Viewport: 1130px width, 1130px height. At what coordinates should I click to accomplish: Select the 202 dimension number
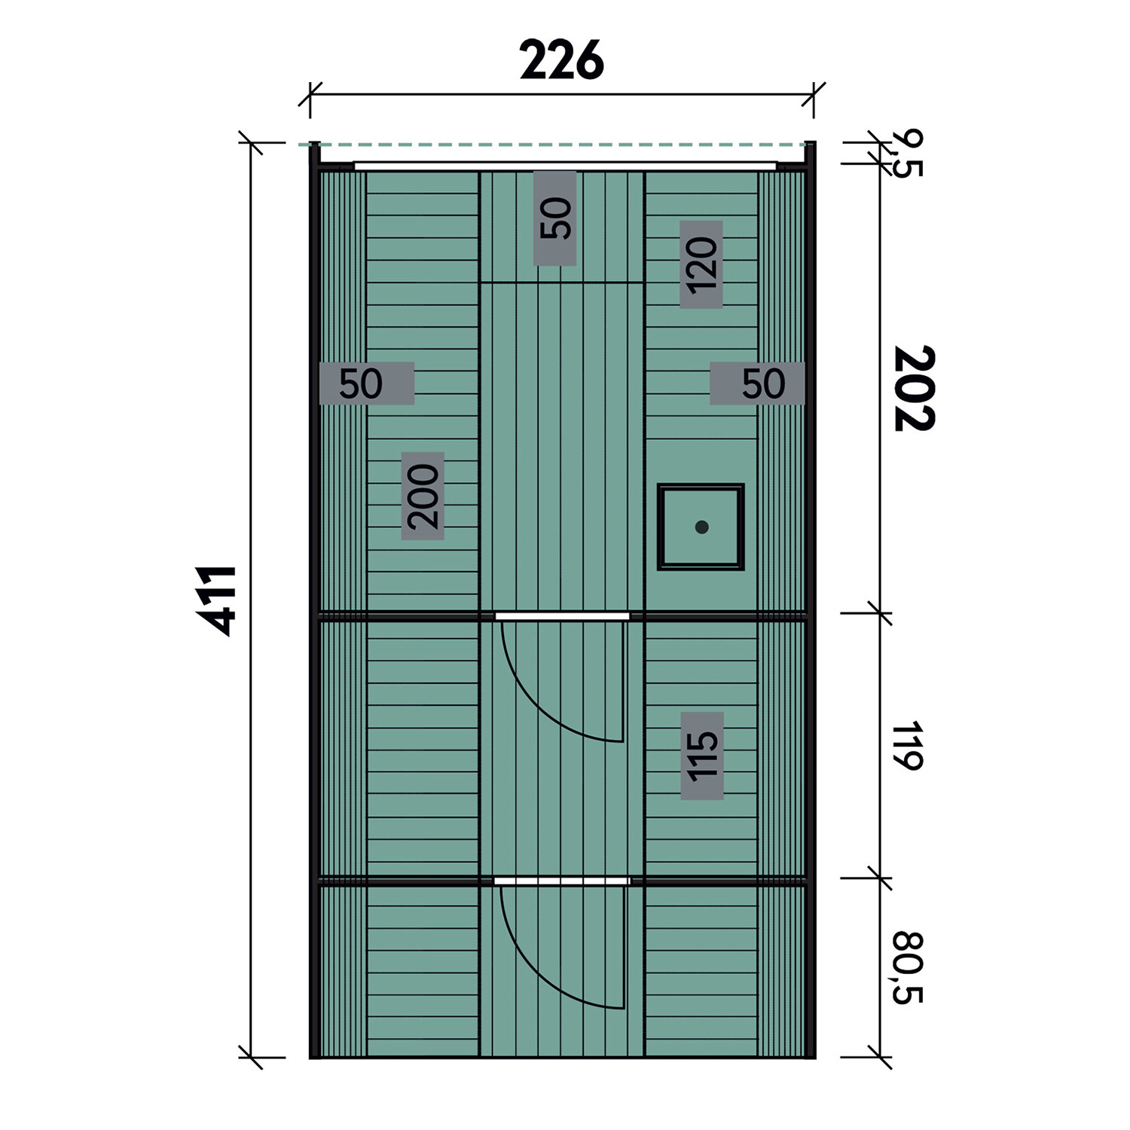tap(914, 389)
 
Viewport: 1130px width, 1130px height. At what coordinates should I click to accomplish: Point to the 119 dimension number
tap(907, 746)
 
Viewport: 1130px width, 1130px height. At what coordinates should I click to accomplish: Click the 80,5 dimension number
tap(908, 968)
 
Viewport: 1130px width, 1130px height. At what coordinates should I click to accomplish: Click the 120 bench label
tap(701, 264)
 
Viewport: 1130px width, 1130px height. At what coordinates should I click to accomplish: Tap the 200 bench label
tap(423, 496)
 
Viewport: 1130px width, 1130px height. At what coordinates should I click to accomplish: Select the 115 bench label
tap(702, 756)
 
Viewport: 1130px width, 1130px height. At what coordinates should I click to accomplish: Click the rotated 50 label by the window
tap(555, 218)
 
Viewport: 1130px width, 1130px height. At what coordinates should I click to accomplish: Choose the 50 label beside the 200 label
tap(367, 383)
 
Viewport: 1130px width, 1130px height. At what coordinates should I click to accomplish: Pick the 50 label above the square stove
tap(757, 383)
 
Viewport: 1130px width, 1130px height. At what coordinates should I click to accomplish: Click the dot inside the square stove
tap(702, 527)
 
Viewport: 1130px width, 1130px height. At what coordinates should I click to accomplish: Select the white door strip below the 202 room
tap(562, 615)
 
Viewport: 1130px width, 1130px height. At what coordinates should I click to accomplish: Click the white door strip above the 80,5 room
tap(562, 881)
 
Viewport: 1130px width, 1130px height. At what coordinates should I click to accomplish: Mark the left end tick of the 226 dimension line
tap(310, 96)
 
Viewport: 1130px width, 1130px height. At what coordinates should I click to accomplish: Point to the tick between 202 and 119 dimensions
tap(879, 613)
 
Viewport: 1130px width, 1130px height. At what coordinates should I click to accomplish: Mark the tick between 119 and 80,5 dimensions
tap(879, 878)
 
